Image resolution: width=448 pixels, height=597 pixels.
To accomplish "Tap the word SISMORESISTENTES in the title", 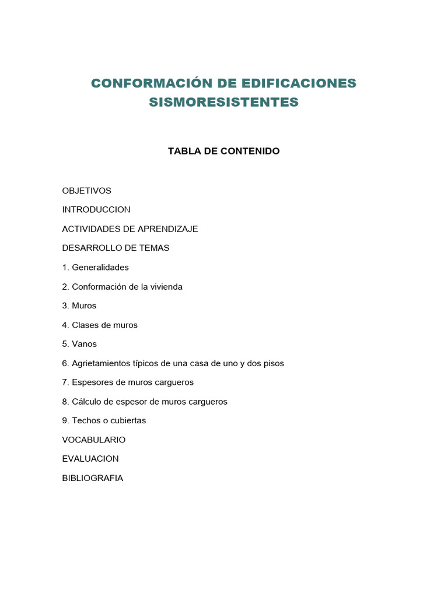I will (223, 103).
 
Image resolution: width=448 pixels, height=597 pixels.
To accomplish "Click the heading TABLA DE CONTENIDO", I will (223, 151).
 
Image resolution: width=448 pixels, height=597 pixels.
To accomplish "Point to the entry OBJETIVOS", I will (86, 191).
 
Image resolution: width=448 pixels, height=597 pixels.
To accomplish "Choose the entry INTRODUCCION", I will (96, 209).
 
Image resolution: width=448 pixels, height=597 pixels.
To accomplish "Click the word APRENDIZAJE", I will (168, 229).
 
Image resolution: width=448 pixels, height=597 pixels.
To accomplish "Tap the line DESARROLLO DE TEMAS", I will (116, 248).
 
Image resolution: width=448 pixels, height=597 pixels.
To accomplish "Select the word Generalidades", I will (100, 268).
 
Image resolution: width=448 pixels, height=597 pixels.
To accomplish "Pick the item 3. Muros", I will (79, 305).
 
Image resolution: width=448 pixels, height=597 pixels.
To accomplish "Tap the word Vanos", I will (85, 344).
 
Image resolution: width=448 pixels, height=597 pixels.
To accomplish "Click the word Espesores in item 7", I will (93, 382).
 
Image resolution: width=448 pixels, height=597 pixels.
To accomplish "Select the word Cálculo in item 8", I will (87, 402).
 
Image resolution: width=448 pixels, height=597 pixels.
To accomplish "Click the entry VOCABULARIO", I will (93, 440).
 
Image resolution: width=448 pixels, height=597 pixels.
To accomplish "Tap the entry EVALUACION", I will (90, 459).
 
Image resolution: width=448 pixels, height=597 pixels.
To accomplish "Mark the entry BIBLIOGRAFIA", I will (92, 478).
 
